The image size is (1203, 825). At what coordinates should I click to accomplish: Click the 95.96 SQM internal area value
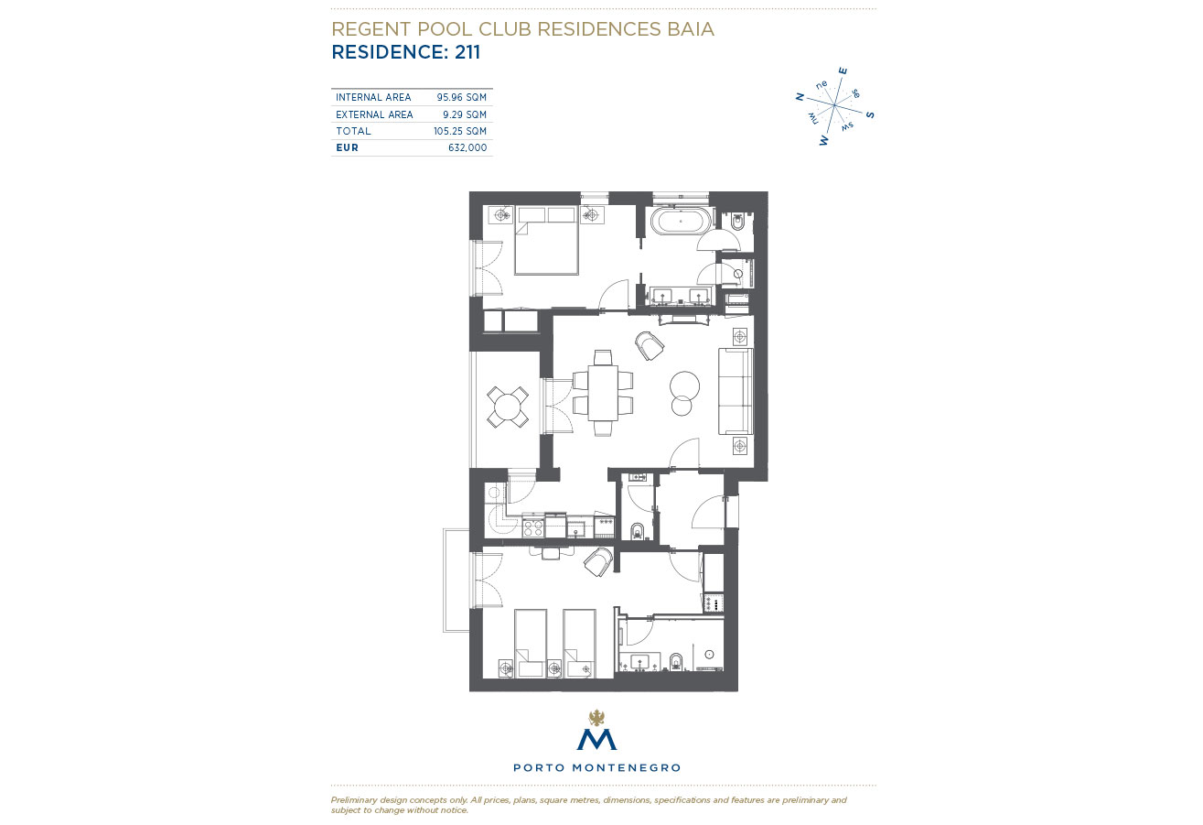461,97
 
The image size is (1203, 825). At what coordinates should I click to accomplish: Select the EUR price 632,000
467,147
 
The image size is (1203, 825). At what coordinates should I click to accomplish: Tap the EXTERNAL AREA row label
374,114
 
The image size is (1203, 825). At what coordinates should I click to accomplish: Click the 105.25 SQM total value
460,131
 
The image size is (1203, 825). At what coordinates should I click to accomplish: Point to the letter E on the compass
843,71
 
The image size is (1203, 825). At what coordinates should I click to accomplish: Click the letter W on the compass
824,141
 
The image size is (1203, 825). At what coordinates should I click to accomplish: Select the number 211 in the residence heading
467,52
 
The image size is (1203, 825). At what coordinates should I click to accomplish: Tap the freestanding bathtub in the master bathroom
681,221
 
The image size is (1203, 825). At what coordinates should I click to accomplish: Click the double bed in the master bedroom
546,241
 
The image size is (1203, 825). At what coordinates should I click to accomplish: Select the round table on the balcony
507,407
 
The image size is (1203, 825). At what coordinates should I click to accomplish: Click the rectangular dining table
603,393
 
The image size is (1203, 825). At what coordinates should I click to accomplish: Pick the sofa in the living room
736,391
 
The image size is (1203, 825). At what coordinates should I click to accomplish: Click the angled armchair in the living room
650,345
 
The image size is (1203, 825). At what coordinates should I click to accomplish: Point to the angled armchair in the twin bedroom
598,561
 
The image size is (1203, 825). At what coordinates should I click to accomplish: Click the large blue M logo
596,740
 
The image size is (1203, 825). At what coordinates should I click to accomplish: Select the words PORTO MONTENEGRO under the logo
596,767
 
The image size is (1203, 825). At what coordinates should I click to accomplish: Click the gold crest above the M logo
596,717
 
